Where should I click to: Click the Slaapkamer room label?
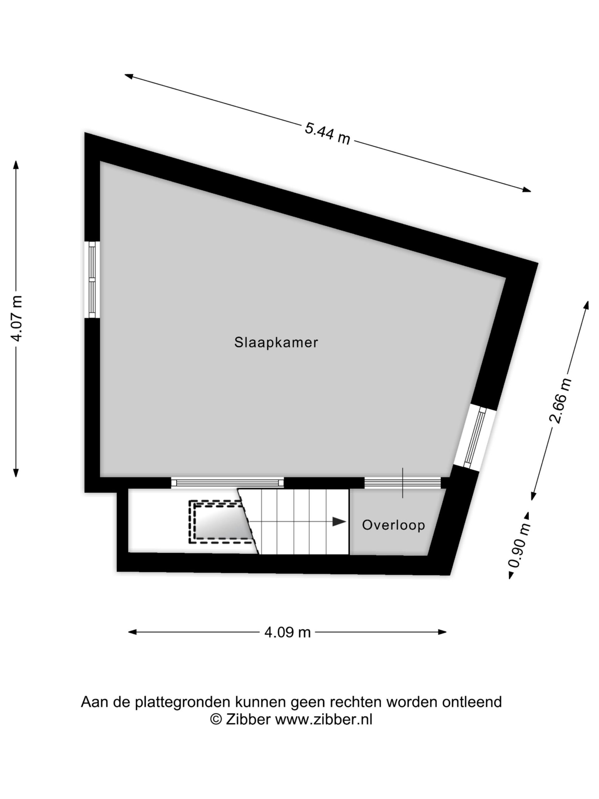click(x=276, y=342)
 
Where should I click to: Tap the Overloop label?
click(x=393, y=525)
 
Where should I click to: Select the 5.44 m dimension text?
click(x=328, y=134)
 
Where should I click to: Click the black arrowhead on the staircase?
click(x=339, y=522)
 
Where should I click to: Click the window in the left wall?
click(x=92, y=280)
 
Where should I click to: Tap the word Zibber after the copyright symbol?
click(x=248, y=719)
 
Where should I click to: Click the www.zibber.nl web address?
click(x=324, y=719)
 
